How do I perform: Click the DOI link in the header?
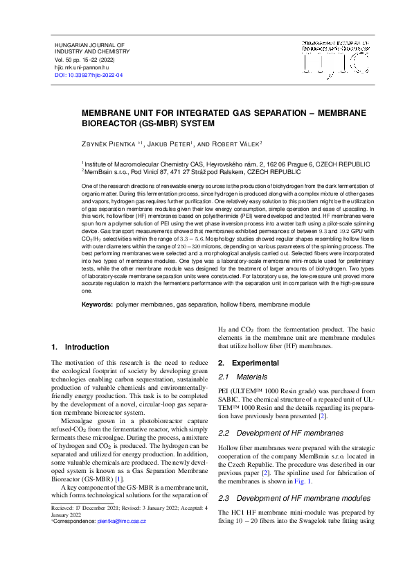click(89, 74)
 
